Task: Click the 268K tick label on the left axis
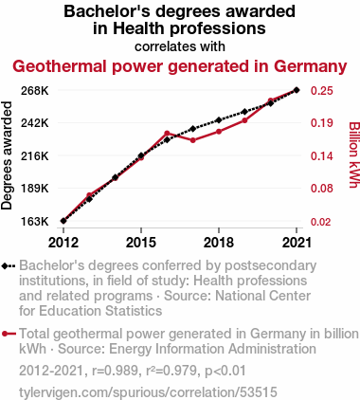tap(34, 91)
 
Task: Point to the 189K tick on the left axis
tap(34, 189)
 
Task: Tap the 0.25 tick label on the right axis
tap(321, 91)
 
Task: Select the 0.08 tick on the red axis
tap(321, 189)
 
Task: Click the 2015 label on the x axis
tap(141, 243)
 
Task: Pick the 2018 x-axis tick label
tap(219, 243)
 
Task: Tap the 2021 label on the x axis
tap(297, 243)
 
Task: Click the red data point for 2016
tap(167, 134)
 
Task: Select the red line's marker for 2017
tap(193, 140)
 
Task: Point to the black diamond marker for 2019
tap(244, 112)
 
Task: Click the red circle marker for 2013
tap(89, 195)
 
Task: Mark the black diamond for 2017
tap(193, 129)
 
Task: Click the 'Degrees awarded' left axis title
tap(7, 155)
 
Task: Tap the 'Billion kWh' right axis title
tap(354, 155)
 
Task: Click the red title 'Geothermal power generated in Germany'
tap(180, 66)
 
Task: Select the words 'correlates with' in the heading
tap(180, 46)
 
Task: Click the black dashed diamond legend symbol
tap(9, 266)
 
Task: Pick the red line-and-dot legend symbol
tap(9, 334)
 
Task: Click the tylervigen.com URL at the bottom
tap(148, 392)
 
